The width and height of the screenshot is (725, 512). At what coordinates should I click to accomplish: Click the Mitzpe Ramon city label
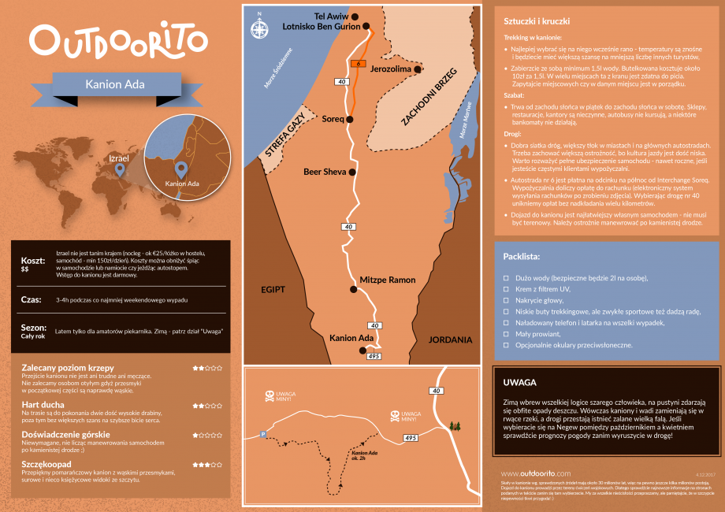click(387, 280)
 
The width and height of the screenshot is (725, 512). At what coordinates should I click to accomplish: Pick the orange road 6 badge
click(358, 63)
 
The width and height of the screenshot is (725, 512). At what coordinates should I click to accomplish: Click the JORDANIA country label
click(450, 339)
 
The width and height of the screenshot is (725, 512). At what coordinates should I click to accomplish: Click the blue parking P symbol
click(264, 434)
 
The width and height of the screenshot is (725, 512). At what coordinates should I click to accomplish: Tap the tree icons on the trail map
click(453, 427)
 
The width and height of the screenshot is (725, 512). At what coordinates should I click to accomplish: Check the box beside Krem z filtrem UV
click(506, 290)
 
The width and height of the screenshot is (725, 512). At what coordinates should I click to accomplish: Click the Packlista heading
click(521, 257)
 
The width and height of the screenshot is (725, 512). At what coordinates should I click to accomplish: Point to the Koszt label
click(32, 260)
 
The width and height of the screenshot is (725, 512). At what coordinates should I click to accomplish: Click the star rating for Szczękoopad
click(207, 465)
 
